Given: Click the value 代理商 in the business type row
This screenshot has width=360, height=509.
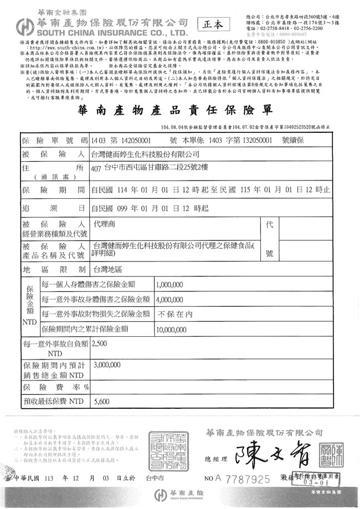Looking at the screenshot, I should [x=104, y=227].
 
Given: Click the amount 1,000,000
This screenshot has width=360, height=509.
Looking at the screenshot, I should [x=169, y=285].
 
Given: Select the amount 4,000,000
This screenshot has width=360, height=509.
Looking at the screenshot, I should [x=169, y=299].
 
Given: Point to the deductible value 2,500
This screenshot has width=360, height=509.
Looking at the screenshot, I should [x=101, y=344].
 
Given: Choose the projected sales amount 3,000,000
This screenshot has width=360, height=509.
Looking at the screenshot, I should [x=108, y=366].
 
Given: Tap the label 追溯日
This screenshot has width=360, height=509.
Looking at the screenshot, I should [x=53, y=209].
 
